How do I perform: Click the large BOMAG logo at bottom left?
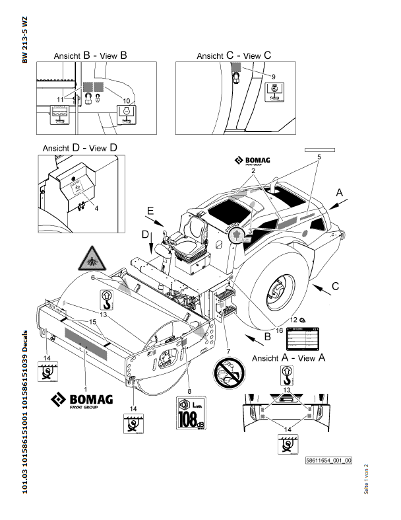83,400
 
